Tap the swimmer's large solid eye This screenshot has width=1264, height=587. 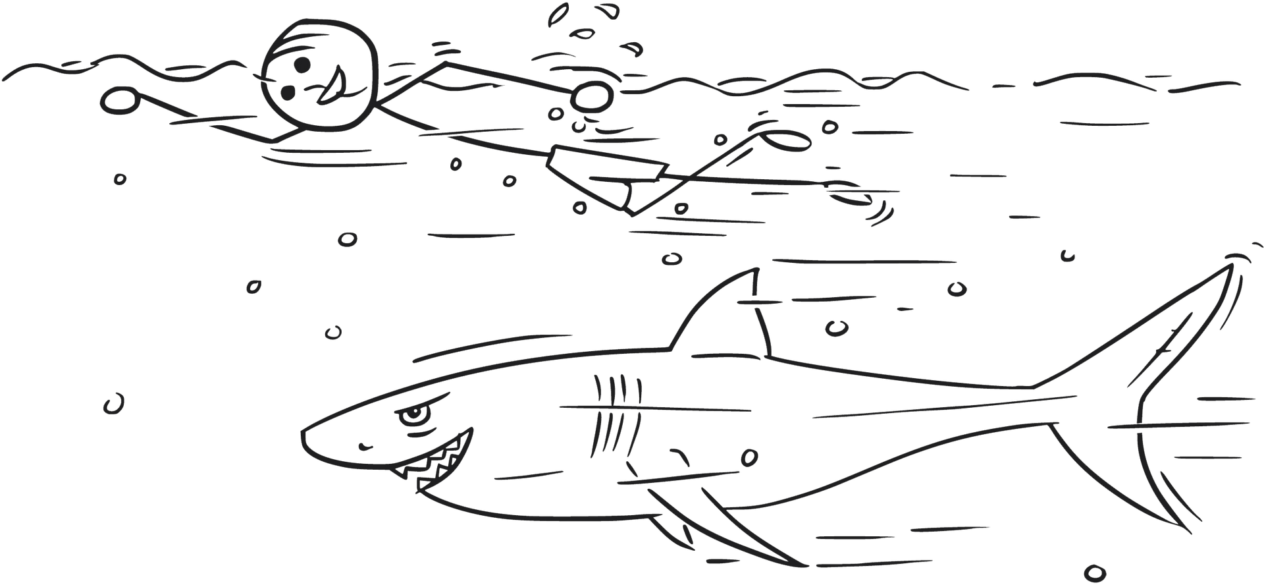point(300,65)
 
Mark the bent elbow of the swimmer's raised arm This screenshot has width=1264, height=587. point(446,63)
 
